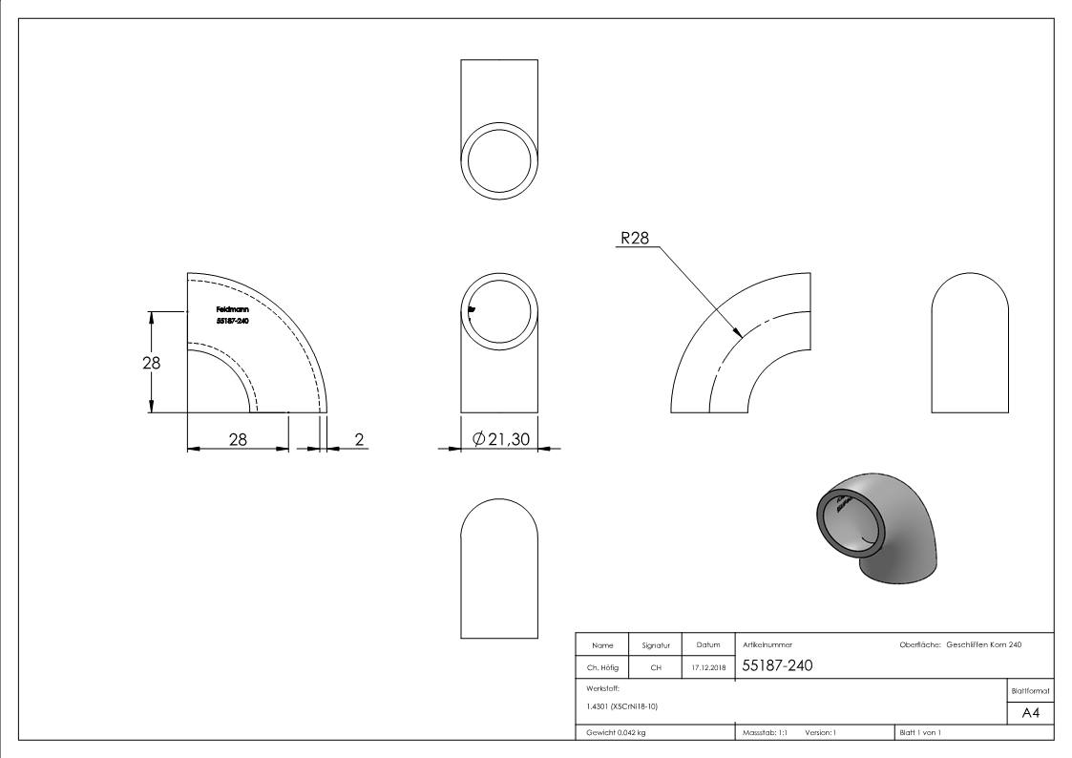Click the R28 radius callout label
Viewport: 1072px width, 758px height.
[x=635, y=238]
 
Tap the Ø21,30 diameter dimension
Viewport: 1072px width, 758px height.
[x=501, y=439]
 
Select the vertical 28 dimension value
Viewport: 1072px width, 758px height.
[x=151, y=362]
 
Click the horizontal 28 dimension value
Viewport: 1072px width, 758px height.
[x=238, y=439]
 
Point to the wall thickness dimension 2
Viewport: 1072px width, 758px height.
[x=359, y=439]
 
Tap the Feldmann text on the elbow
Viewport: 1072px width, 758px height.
[x=233, y=309]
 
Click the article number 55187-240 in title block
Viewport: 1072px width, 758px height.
[x=777, y=665]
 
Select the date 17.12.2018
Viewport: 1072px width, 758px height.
[x=708, y=667]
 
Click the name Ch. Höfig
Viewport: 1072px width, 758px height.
[x=602, y=667]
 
